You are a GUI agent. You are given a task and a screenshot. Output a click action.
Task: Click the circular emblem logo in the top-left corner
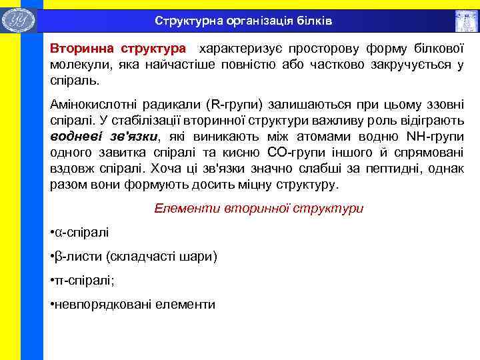(x=18, y=19)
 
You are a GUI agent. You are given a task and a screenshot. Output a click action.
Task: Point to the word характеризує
(x=245, y=49)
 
